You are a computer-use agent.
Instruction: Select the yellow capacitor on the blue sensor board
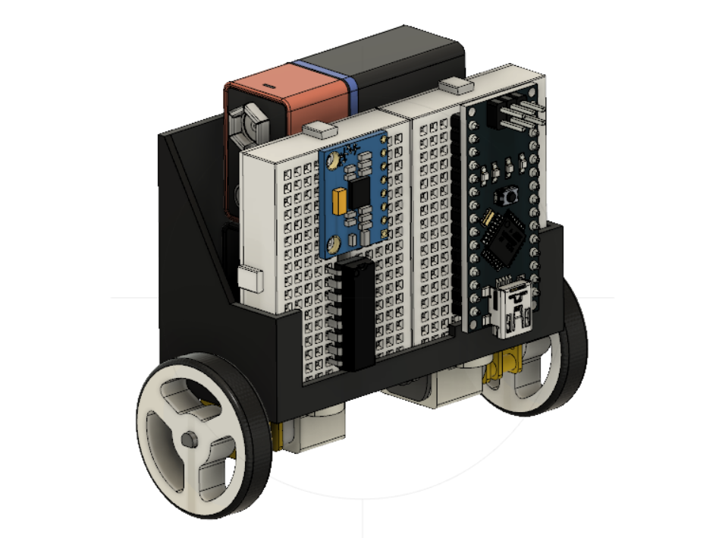(339, 201)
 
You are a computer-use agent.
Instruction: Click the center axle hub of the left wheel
(187, 439)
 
